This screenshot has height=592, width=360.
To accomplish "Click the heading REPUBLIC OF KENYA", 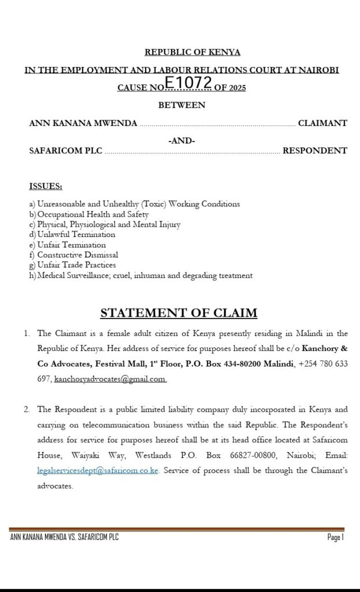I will click(192, 53).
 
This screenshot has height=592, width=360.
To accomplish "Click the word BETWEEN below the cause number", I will click(181, 105).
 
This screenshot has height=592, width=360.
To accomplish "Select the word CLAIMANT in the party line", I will click(322, 123).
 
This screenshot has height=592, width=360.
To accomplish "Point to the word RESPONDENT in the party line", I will click(314, 151).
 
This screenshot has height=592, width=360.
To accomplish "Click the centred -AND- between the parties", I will click(181, 140).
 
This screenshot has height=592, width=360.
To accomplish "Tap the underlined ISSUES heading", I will click(46, 186).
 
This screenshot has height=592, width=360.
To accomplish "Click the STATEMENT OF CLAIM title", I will click(179, 313).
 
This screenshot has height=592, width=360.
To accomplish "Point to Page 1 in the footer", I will click(335, 538).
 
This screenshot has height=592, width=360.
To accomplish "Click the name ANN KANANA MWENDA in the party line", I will click(83, 123).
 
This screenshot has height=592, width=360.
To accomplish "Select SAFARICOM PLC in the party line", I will click(65, 151).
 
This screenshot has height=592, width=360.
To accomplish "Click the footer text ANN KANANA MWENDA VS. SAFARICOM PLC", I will click(64, 538).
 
